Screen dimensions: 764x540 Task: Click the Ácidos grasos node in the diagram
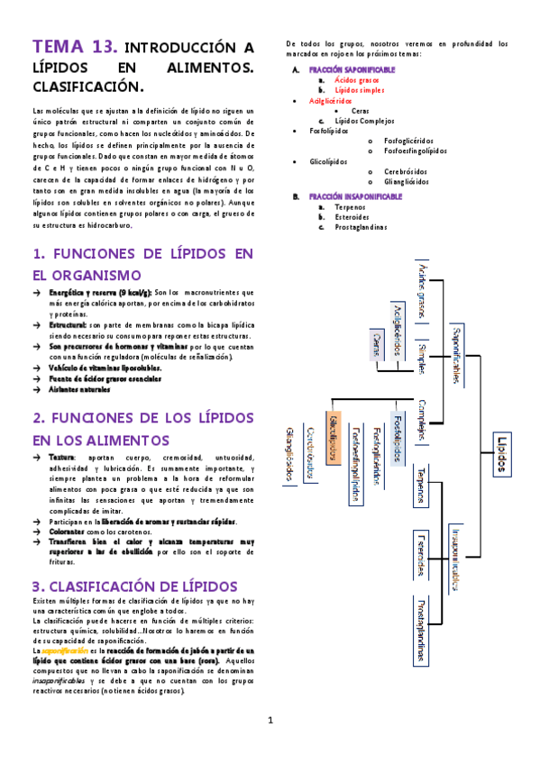pos(421,289)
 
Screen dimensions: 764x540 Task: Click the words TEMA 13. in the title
pos(74,47)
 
